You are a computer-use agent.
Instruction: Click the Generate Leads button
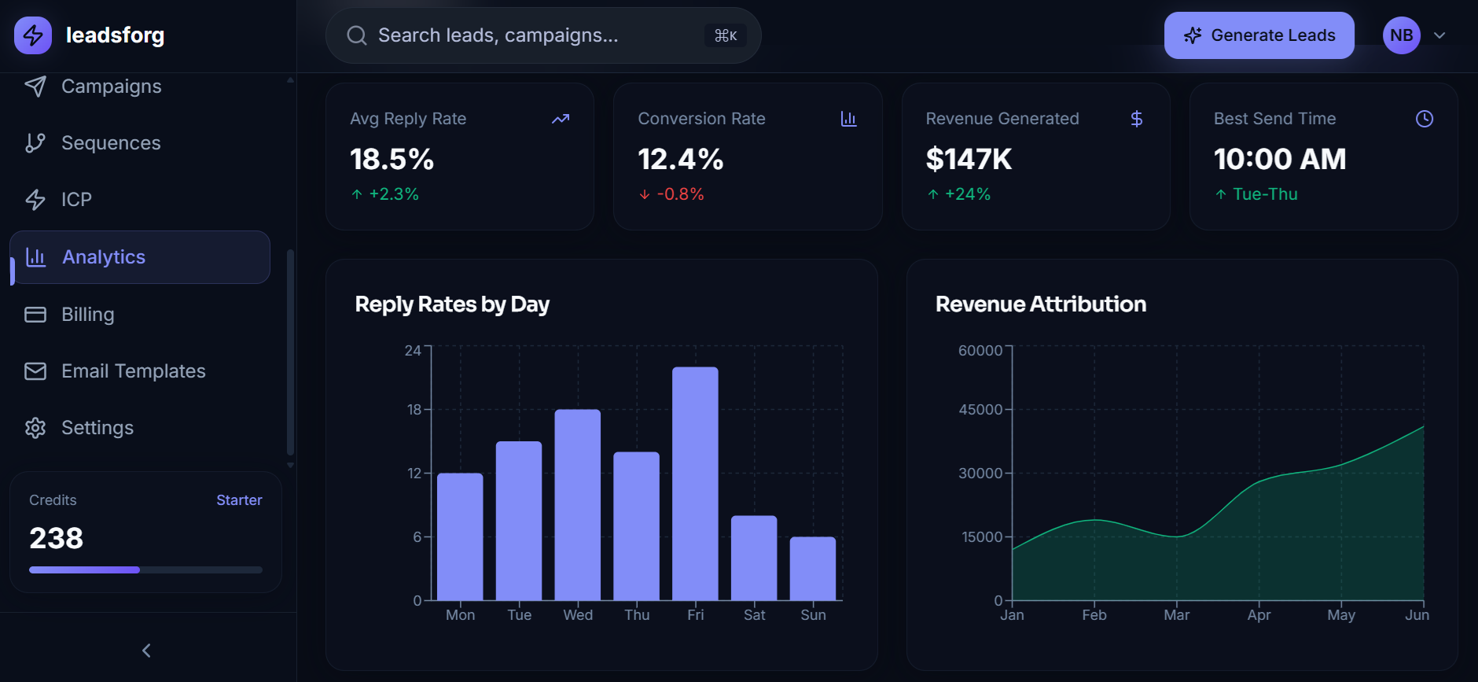pos(1259,35)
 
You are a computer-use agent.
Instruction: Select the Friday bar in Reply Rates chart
pos(695,483)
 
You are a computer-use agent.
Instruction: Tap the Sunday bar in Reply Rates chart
pos(812,568)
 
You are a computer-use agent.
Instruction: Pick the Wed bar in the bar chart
pos(577,504)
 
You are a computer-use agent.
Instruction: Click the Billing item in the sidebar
pos(87,315)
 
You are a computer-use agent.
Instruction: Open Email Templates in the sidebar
pos(133,371)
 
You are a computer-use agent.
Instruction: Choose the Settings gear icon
pos(35,428)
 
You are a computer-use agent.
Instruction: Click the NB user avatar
pos(1401,35)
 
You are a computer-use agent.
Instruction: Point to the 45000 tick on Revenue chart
pos(980,410)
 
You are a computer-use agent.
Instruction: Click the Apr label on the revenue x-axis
pos(1259,615)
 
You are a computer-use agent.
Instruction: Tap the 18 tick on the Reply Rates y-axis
pos(414,410)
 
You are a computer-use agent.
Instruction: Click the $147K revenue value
pos(969,160)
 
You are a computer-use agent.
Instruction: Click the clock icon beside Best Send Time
pos(1424,119)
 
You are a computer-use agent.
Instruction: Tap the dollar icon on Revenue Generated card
pos(1136,119)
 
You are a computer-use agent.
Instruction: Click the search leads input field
pos(535,35)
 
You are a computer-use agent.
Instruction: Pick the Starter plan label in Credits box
pos(239,500)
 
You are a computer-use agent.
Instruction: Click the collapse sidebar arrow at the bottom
pos(146,651)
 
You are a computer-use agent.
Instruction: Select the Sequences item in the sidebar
pos(111,143)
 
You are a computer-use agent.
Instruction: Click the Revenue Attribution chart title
pos(1040,304)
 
